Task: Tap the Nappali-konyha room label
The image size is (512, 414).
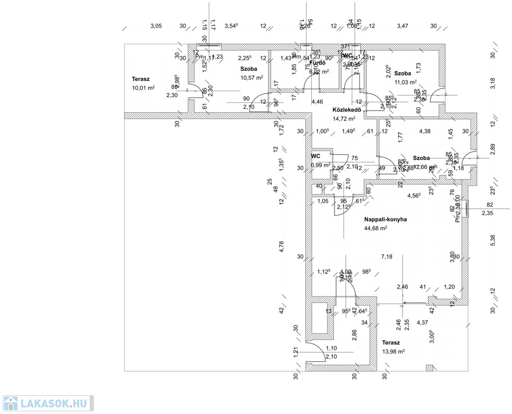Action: [385, 219]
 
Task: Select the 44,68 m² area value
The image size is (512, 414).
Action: [376, 229]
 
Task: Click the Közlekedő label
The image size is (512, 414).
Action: [345, 109]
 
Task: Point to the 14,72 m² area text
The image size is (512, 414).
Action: [344, 119]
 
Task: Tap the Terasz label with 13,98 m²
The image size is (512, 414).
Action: [391, 343]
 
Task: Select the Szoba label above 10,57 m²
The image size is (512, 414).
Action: [249, 69]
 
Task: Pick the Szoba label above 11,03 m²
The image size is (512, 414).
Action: [402, 73]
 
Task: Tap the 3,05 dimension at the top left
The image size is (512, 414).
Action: [156, 26]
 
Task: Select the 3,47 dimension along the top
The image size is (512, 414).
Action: [402, 26]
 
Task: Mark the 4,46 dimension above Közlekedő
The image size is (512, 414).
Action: [317, 101]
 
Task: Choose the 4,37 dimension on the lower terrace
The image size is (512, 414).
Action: [422, 323]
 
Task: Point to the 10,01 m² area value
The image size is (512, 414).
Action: [143, 88]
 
